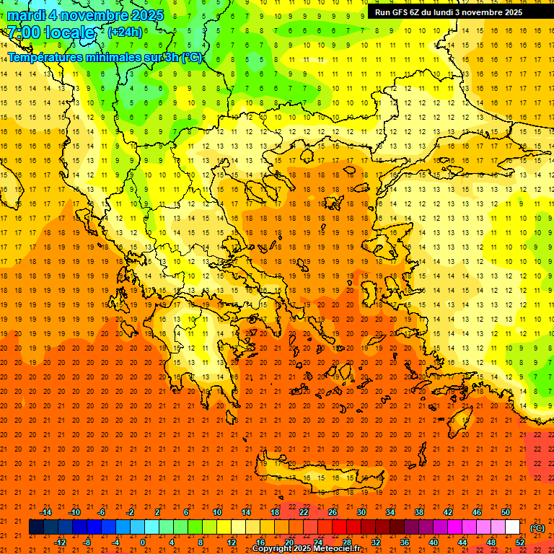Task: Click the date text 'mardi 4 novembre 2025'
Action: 85,15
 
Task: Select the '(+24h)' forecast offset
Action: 125,32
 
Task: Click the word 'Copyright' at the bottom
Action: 272,549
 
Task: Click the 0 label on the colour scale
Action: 143,542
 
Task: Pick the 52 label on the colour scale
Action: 520,542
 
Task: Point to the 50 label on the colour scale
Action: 506,512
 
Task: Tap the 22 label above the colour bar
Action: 304,512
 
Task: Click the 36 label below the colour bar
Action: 405,542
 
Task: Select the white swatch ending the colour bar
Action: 513,527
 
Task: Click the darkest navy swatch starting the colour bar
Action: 36,527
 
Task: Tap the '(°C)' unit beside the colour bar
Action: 537,528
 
